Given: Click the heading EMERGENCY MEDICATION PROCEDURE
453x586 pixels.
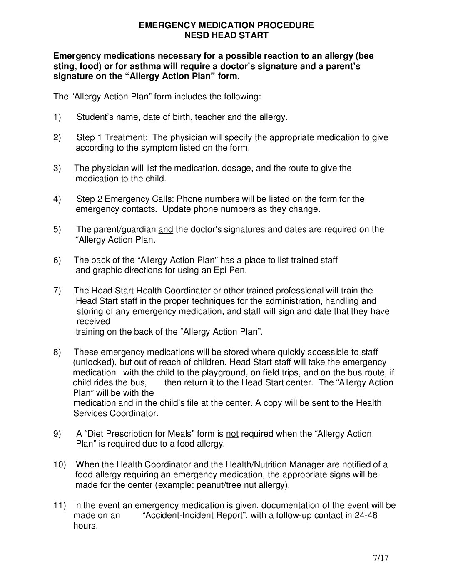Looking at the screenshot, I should pyautogui.click(x=226, y=25).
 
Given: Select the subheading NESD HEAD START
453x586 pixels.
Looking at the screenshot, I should pyautogui.click(x=226, y=35).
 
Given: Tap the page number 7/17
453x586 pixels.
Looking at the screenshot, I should pyautogui.click(x=380, y=558).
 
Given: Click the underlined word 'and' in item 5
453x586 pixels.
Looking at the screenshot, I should pyautogui.click(x=166, y=229).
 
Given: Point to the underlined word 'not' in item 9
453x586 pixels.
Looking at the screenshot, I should pyautogui.click(x=232, y=434).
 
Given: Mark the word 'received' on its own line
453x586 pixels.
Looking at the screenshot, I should pyautogui.click(x=93, y=321).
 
